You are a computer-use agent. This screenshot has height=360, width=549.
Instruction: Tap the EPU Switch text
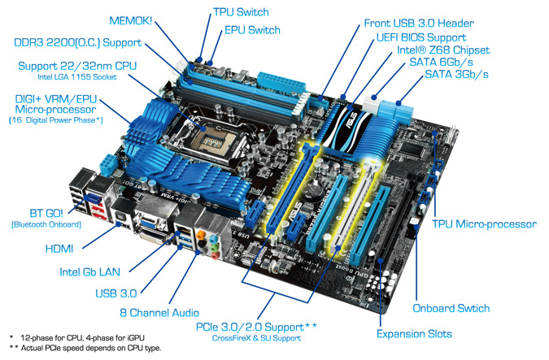click(252, 30)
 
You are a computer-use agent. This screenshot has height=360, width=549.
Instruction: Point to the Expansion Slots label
click(414, 333)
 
